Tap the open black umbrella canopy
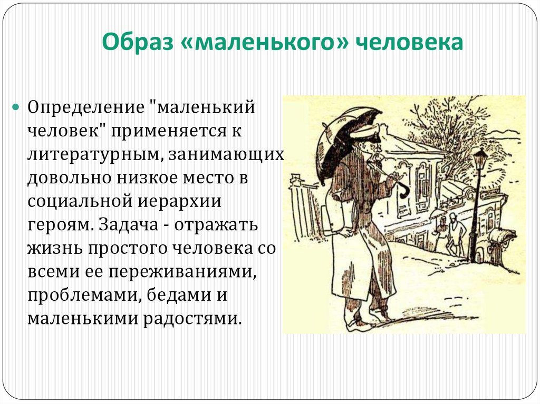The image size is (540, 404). [x=343, y=137]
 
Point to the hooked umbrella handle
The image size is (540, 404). [x=403, y=191]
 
